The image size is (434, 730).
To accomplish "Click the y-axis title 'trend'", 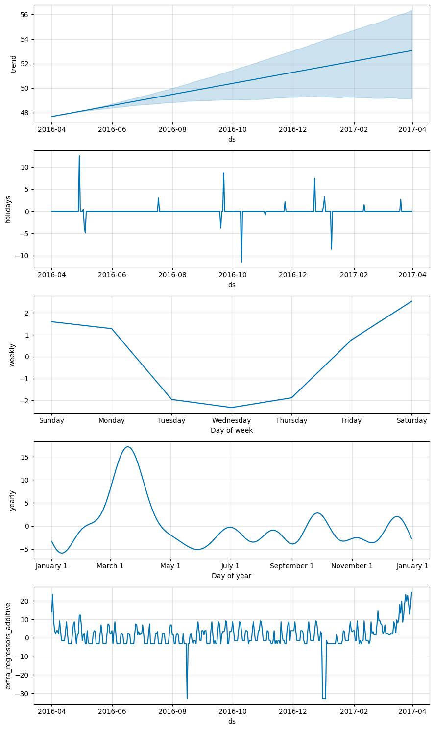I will tap(14, 63).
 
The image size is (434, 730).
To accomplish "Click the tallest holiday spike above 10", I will tap(79, 156).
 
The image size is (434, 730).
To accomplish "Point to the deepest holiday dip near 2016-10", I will tap(241, 262).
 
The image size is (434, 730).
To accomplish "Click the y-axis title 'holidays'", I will tap(8, 209).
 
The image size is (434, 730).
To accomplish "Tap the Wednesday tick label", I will tap(232, 421).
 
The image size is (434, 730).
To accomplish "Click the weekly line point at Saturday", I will tap(411, 301).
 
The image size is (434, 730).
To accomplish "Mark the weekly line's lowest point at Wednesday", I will tap(232, 408).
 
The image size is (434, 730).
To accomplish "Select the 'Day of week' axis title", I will tap(232, 430).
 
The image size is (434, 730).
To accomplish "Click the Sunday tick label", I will tap(51, 421).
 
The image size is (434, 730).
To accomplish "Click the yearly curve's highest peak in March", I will tap(128, 447).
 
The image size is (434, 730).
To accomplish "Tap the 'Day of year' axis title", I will tap(232, 576).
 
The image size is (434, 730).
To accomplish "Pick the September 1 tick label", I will tap(292, 566).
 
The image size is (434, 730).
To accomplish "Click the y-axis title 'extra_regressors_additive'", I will tap(8, 645).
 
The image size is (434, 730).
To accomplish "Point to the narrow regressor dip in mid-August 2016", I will tap(187, 698).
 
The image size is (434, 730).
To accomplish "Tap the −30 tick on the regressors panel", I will tap(23, 694).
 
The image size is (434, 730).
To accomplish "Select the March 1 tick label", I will tap(110, 566).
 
